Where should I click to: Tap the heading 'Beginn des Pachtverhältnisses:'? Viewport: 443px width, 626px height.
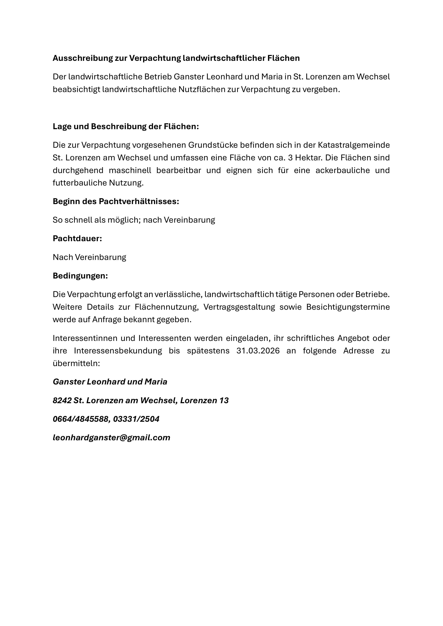[116, 201]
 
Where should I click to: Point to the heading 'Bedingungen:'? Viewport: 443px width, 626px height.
[80, 276]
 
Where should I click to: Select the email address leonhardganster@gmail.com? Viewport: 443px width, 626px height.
[111, 438]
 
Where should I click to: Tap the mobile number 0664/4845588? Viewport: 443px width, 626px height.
[81, 419]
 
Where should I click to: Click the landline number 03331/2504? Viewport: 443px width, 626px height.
[136, 419]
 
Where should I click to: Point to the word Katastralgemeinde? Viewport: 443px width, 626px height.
[354, 145]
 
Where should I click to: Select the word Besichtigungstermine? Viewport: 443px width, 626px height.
[348, 307]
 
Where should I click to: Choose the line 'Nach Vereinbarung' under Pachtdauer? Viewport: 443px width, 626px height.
[89, 257]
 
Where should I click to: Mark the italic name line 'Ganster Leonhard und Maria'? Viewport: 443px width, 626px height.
[110, 382]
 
